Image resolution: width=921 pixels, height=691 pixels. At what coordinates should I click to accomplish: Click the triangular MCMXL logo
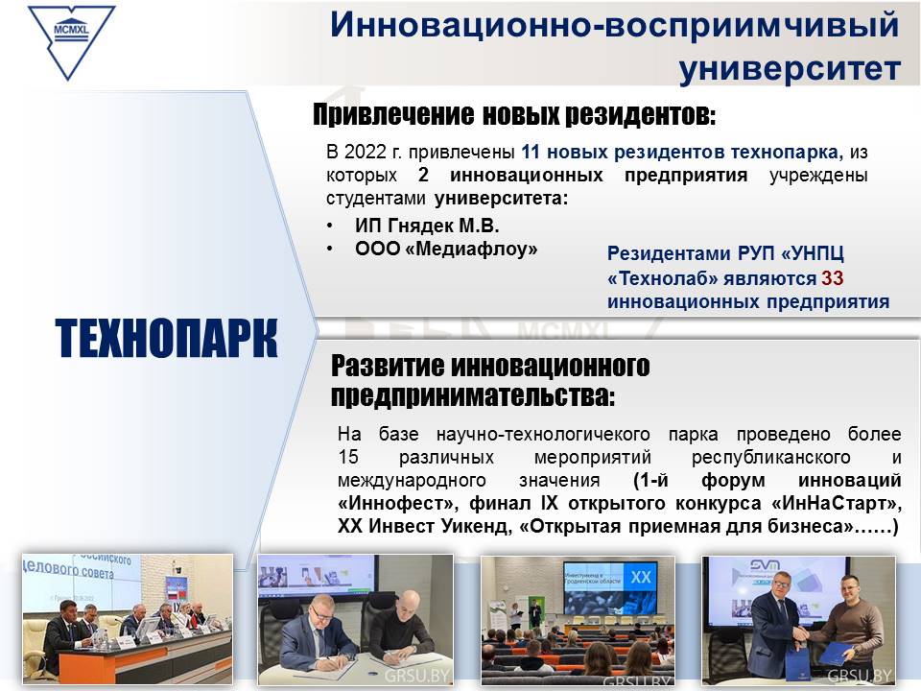71,41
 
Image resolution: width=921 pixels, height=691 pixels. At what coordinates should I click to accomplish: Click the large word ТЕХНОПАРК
166,339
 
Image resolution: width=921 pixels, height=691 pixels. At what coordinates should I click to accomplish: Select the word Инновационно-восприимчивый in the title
614,26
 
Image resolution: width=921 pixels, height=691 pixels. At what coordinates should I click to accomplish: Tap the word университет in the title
790,68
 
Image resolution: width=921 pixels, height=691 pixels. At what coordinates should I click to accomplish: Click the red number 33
833,277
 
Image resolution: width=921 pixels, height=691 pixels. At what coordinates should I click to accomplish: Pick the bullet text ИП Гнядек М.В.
426,226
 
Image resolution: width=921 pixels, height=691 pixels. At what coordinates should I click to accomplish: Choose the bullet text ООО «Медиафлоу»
446,250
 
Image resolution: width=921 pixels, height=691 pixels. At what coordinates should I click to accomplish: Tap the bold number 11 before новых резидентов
530,152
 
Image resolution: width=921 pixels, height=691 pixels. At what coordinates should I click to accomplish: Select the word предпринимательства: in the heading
473,395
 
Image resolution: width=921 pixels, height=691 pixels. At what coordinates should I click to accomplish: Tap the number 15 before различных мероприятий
347,457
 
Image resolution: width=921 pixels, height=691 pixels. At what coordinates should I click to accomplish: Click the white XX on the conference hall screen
640,577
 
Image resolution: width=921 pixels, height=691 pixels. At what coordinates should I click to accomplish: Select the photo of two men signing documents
355,620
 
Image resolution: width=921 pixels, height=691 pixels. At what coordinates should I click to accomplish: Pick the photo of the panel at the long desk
128,619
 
